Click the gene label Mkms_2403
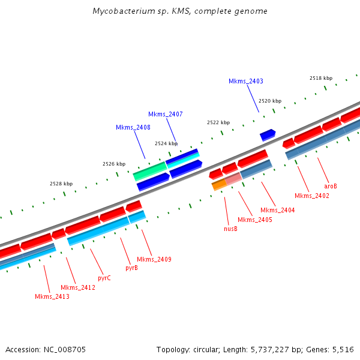[245, 81]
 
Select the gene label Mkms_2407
[166, 114]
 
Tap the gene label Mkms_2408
[133, 127]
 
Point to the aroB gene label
[331, 186]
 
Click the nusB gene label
[230, 228]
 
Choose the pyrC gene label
[104, 278]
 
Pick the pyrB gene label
[131, 268]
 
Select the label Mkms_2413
[52, 296]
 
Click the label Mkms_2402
[312, 196]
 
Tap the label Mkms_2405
[255, 220]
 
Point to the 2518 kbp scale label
[320, 78]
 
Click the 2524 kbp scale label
[166, 143]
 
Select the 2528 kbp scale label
[61, 184]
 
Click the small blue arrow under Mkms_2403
[268, 135]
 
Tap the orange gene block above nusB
[218, 185]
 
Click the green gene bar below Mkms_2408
[149, 171]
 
